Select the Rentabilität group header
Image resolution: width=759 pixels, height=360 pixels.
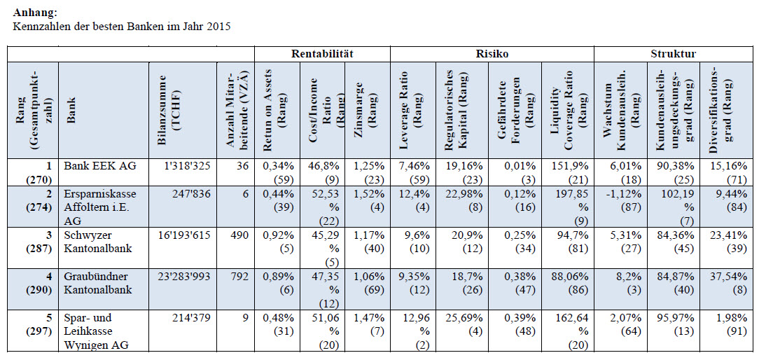click(x=322, y=54)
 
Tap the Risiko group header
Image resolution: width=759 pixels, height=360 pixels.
click(x=492, y=54)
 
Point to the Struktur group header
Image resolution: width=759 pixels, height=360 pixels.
click(x=673, y=54)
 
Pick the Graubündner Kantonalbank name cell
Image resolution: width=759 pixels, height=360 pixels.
click(x=93, y=283)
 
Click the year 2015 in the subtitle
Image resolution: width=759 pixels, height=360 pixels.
click(x=218, y=26)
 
